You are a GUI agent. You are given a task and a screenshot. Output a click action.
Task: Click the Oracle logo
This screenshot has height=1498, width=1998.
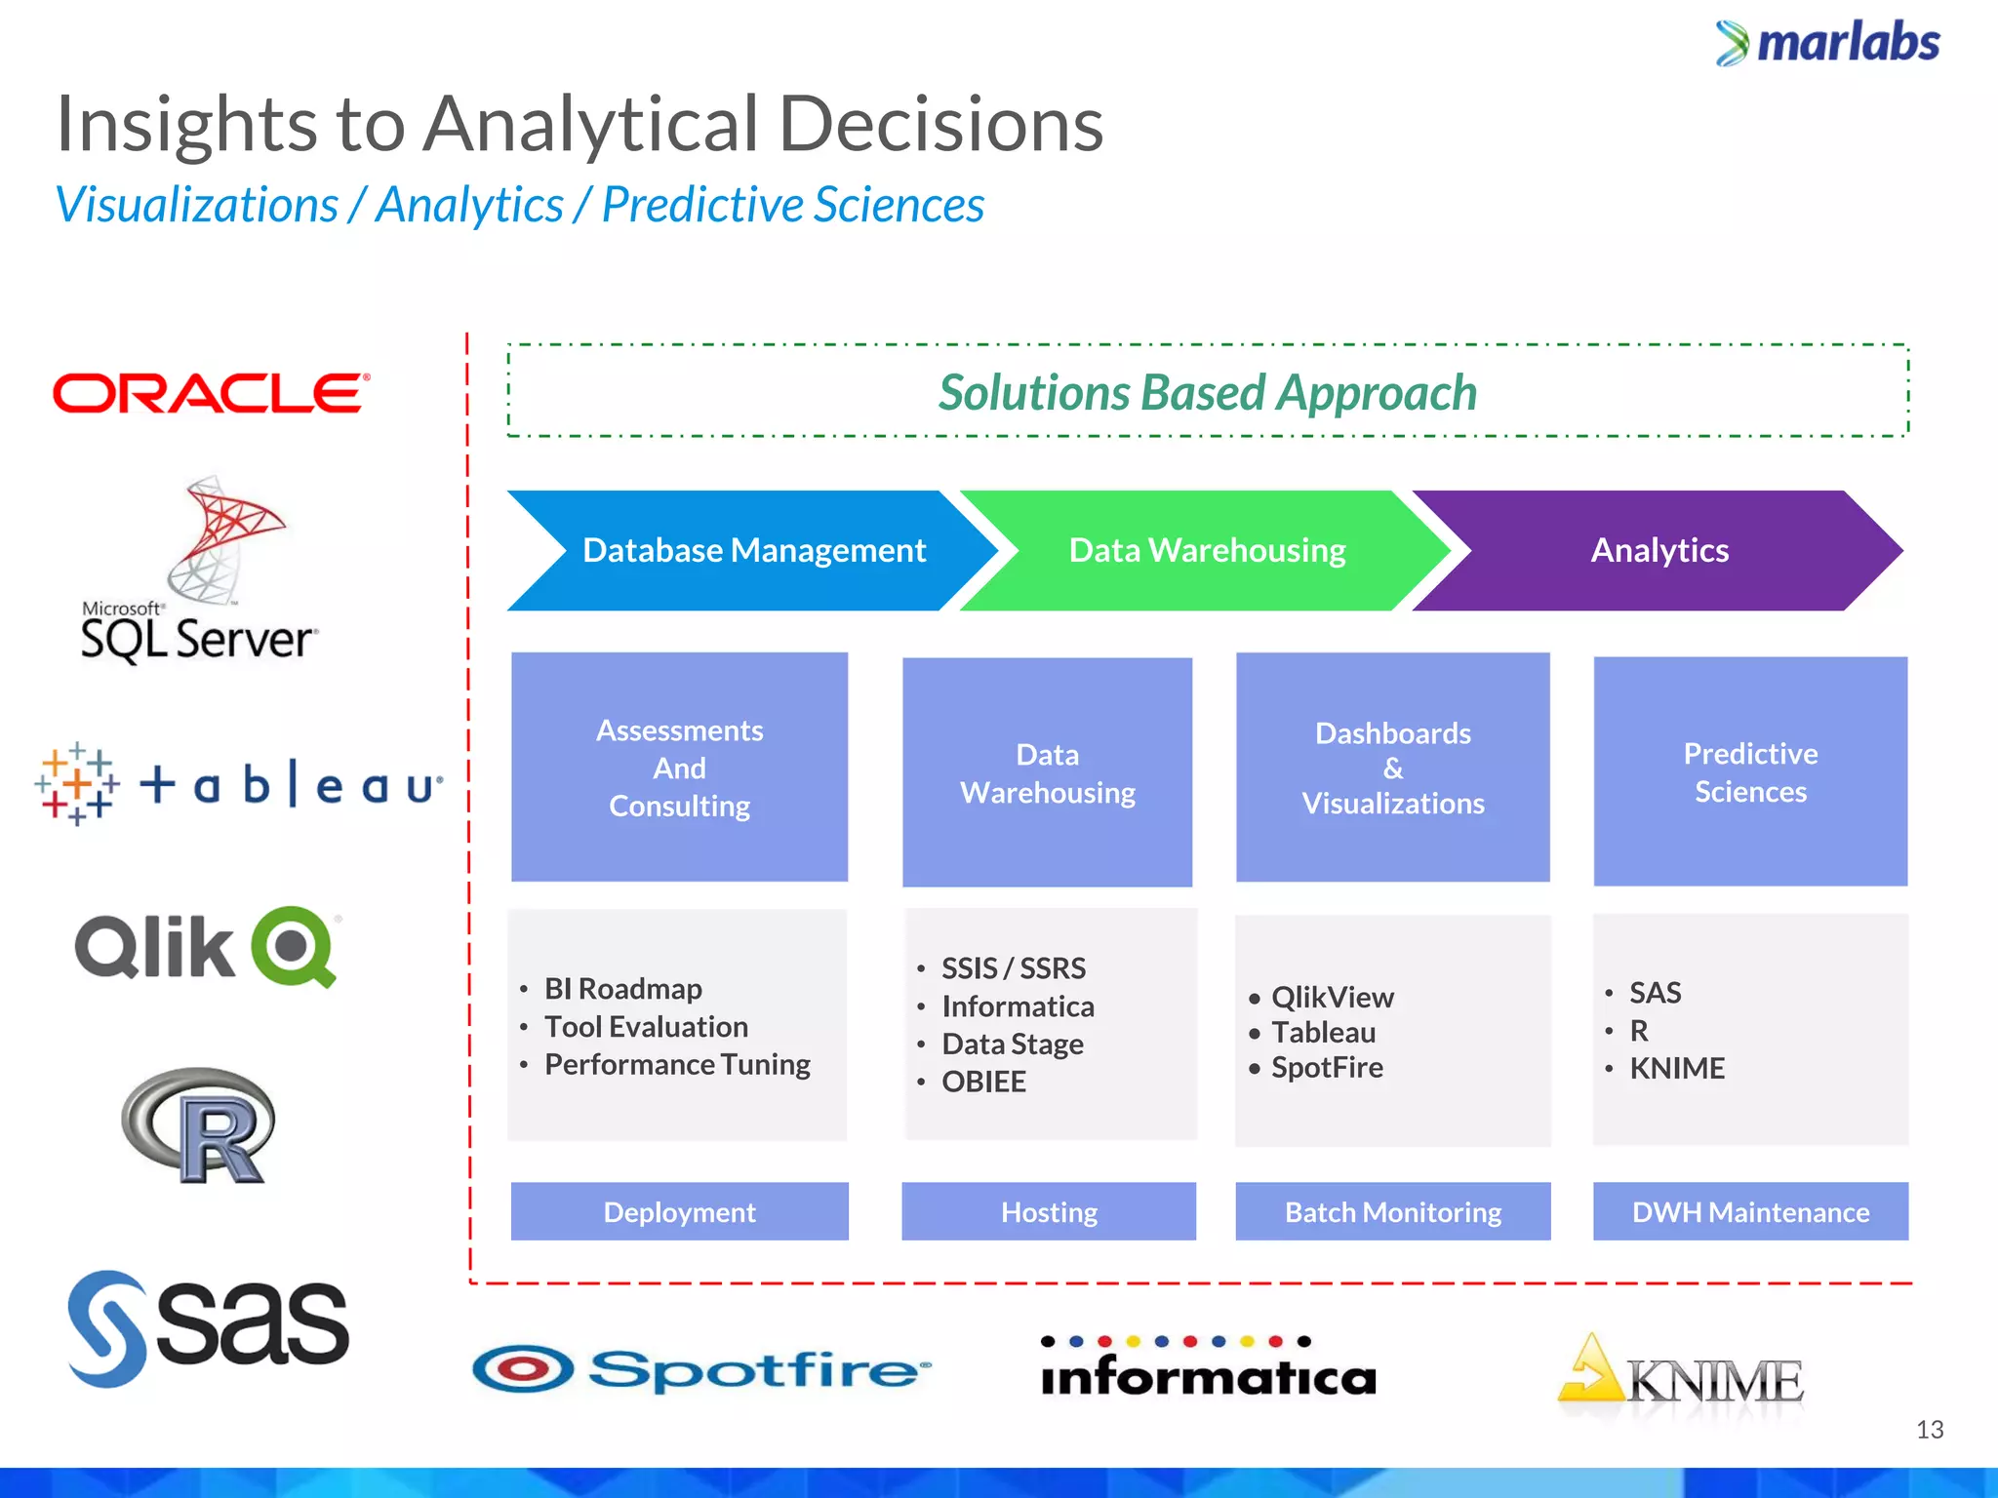211,393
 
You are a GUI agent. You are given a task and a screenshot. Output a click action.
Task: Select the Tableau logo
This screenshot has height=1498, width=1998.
239,784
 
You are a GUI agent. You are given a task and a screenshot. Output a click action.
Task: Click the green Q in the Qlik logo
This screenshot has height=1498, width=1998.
293,946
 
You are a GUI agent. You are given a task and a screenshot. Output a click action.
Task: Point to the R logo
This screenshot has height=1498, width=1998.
199,1126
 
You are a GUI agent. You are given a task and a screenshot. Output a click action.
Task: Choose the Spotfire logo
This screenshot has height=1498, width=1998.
700,1369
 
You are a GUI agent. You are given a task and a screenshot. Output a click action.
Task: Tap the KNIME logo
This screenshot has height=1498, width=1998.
1680,1377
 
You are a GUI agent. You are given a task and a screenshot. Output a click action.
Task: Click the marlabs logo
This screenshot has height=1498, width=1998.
1828,43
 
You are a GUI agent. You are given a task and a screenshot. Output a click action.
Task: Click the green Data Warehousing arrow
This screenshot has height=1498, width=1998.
1207,551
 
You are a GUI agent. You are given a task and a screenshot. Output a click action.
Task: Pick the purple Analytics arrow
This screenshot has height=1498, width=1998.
1658,551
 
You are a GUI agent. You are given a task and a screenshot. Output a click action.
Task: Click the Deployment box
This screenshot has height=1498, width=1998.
680,1211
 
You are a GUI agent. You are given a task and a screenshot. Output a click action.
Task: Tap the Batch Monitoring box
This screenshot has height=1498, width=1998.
1393,1211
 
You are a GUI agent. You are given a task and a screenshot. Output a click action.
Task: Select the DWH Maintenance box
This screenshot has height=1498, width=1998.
1750,1211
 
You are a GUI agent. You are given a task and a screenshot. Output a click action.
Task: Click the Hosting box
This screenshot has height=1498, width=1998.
1049,1211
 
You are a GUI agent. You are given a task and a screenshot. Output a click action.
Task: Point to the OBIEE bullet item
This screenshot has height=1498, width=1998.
983,1082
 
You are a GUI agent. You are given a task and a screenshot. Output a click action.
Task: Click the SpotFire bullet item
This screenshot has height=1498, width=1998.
1327,1068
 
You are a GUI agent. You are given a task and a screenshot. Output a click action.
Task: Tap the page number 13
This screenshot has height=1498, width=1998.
1930,1430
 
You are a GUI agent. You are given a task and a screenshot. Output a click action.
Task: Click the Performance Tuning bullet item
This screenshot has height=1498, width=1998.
677,1064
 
